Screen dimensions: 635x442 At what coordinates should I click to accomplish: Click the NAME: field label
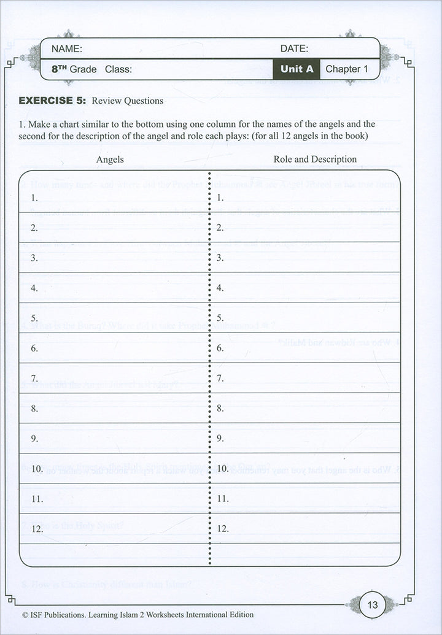pos(66,49)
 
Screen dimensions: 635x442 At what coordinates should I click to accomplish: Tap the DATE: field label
pos(294,49)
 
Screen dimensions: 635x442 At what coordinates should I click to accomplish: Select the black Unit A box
pos(297,69)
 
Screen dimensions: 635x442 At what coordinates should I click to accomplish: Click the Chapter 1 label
pos(346,69)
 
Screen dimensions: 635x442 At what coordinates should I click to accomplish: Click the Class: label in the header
pos(118,69)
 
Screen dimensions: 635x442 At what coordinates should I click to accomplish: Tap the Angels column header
pos(110,160)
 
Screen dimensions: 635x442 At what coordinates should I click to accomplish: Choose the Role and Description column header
pos(315,160)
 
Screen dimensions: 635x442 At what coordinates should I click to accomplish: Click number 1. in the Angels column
pos(34,198)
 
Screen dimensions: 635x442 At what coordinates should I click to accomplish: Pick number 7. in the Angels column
pos(34,379)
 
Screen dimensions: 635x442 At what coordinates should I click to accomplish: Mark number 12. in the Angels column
pos(37,528)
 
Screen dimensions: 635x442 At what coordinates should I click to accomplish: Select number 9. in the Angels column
pos(34,439)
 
